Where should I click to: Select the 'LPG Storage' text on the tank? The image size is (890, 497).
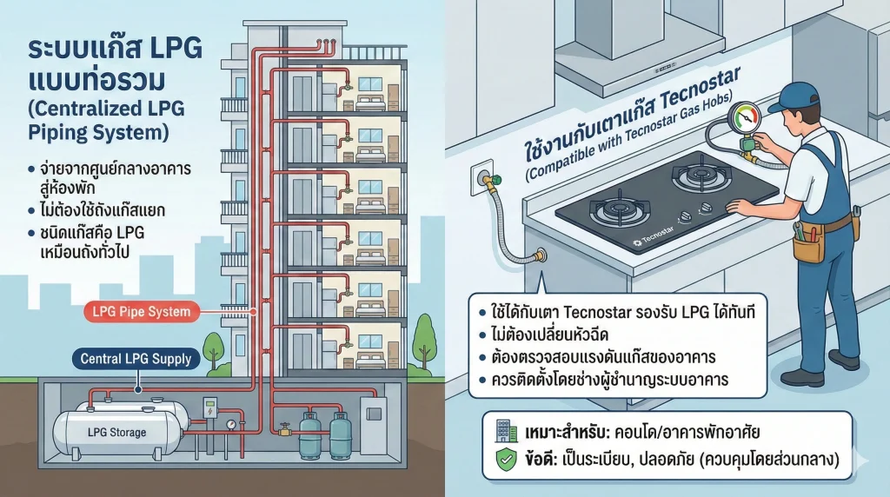tap(117, 432)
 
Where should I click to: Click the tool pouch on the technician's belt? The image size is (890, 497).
tap(808, 245)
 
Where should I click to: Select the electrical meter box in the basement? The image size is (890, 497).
tap(209, 408)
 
